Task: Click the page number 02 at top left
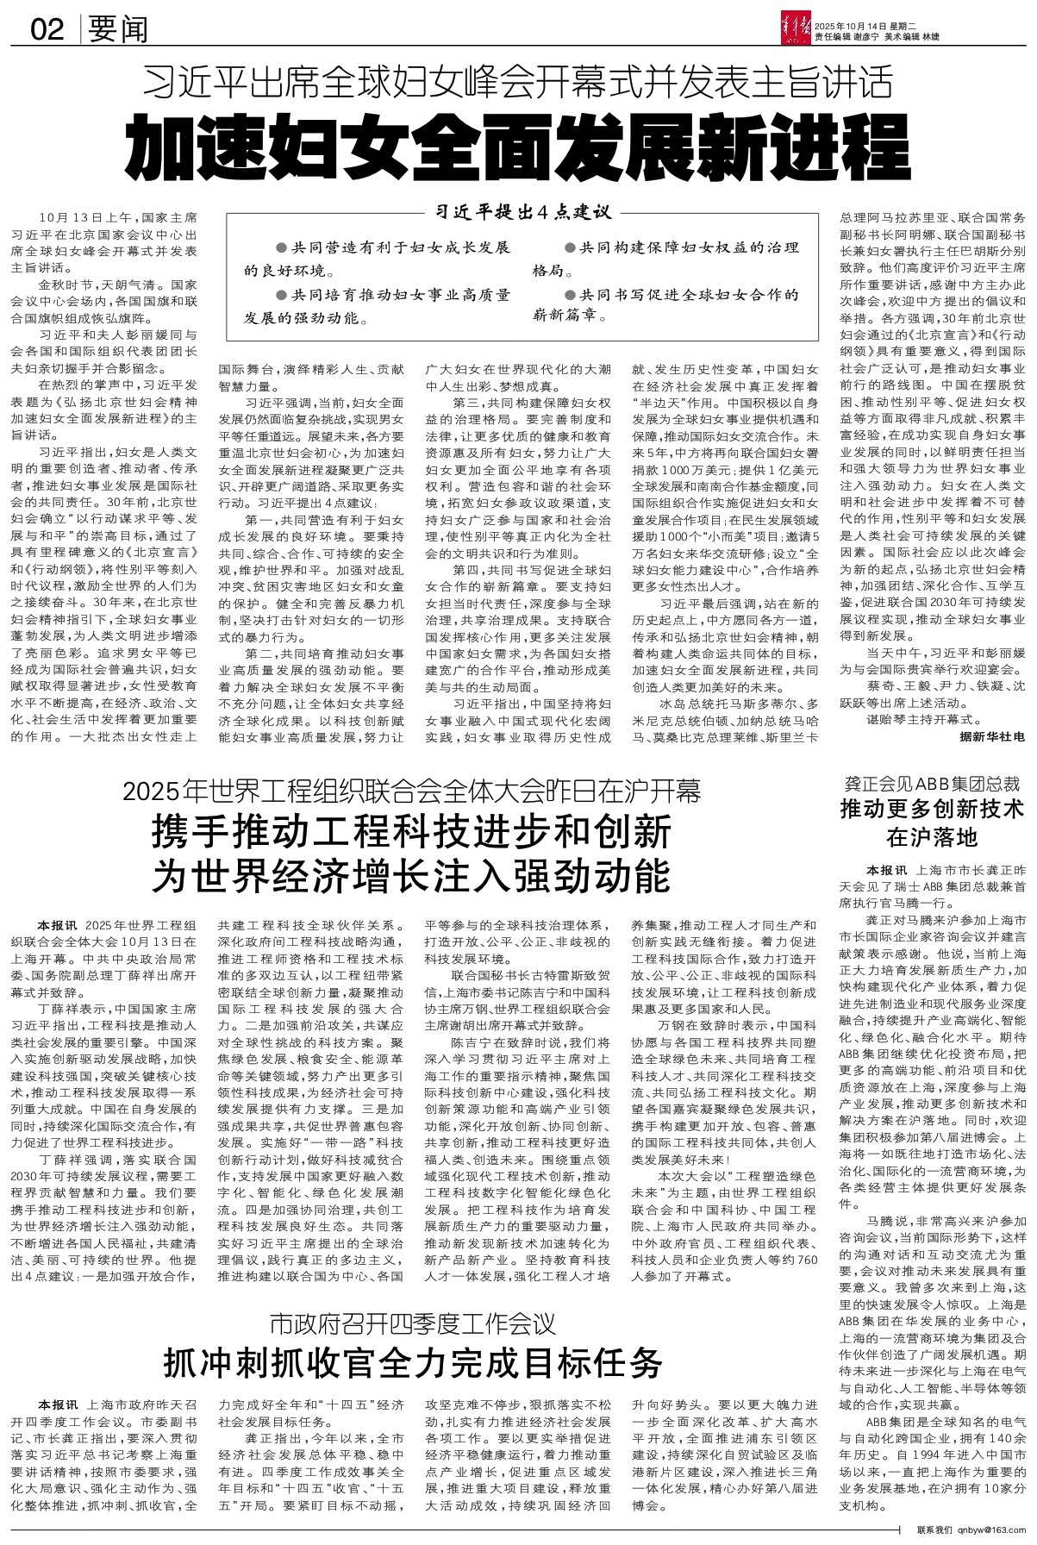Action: click(47, 30)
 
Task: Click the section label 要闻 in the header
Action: click(118, 30)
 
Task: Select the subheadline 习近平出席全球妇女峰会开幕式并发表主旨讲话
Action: click(517, 84)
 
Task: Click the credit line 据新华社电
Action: click(992, 737)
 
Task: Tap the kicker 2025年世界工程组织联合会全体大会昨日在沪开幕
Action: click(411, 790)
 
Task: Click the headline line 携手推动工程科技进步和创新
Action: click(411, 834)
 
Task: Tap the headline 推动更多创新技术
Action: click(932, 810)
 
